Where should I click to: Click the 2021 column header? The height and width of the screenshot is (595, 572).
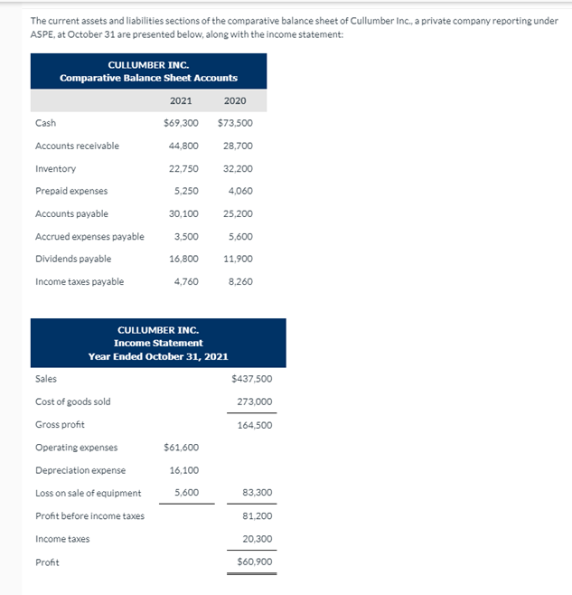[181, 100]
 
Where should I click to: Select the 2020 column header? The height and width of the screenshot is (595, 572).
[234, 100]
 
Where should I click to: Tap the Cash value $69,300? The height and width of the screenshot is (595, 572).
[181, 123]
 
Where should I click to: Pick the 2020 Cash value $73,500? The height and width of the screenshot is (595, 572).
[235, 123]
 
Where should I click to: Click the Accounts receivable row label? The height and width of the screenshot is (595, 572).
[77, 146]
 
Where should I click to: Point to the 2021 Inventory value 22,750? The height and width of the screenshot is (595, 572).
[183, 168]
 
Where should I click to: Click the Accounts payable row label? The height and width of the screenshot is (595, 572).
[71, 213]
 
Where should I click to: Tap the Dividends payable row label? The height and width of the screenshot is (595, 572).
[72, 259]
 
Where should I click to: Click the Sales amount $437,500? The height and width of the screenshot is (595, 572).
[252, 379]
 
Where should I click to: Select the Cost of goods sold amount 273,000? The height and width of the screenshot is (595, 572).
[254, 401]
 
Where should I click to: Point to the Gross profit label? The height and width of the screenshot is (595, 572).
[60, 424]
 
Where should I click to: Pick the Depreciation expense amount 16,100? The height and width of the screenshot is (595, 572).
[183, 470]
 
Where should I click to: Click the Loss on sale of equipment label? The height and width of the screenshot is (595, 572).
[88, 493]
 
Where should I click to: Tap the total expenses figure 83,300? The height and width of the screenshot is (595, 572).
[257, 493]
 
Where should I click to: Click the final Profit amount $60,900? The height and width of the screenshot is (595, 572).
[254, 562]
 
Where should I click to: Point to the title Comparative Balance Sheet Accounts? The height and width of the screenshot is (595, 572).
[148, 78]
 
